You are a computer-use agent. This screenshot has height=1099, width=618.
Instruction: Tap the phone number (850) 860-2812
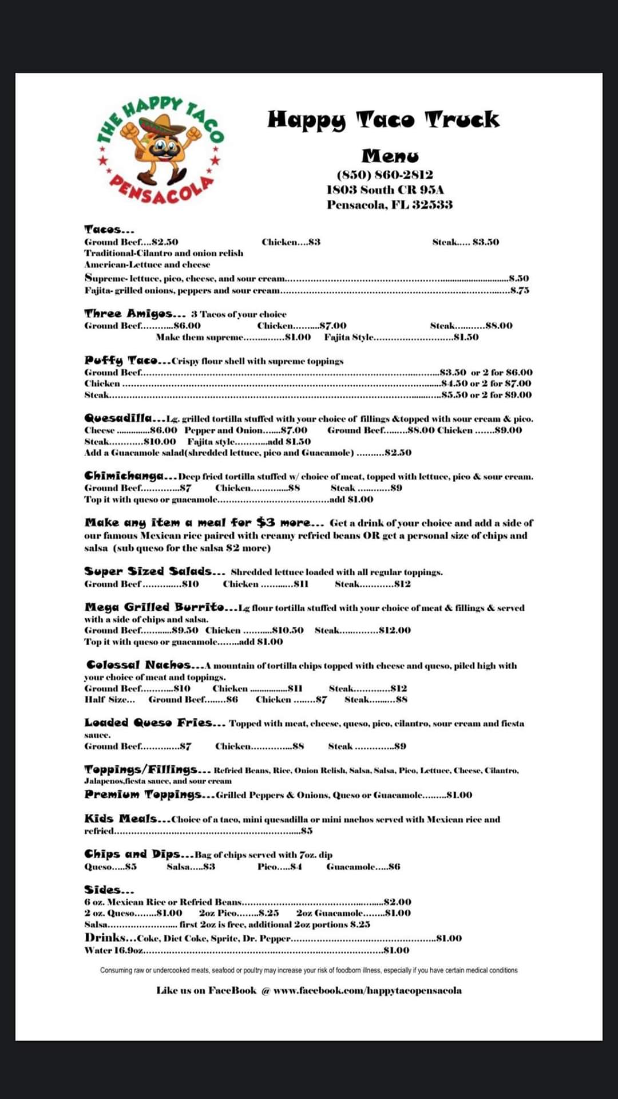[385, 175]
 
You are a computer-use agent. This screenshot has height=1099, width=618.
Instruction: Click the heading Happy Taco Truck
[383, 120]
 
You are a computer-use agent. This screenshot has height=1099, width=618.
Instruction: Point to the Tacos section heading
[109, 230]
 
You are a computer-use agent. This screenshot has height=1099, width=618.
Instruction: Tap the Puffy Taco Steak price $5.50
[454, 395]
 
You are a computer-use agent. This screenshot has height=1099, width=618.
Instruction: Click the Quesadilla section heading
[125, 418]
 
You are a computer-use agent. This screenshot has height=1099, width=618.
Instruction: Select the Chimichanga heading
[130, 476]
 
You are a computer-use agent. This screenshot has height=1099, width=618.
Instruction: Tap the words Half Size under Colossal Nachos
[109, 699]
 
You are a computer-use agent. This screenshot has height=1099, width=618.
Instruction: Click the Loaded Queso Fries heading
[154, 722]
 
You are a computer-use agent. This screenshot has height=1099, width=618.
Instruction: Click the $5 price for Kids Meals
[307, 831]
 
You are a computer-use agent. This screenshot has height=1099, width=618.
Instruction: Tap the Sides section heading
[109, 890]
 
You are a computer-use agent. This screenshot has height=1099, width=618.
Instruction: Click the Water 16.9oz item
[113, 950]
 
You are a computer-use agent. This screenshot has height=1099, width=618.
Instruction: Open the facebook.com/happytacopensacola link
[367, 990]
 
